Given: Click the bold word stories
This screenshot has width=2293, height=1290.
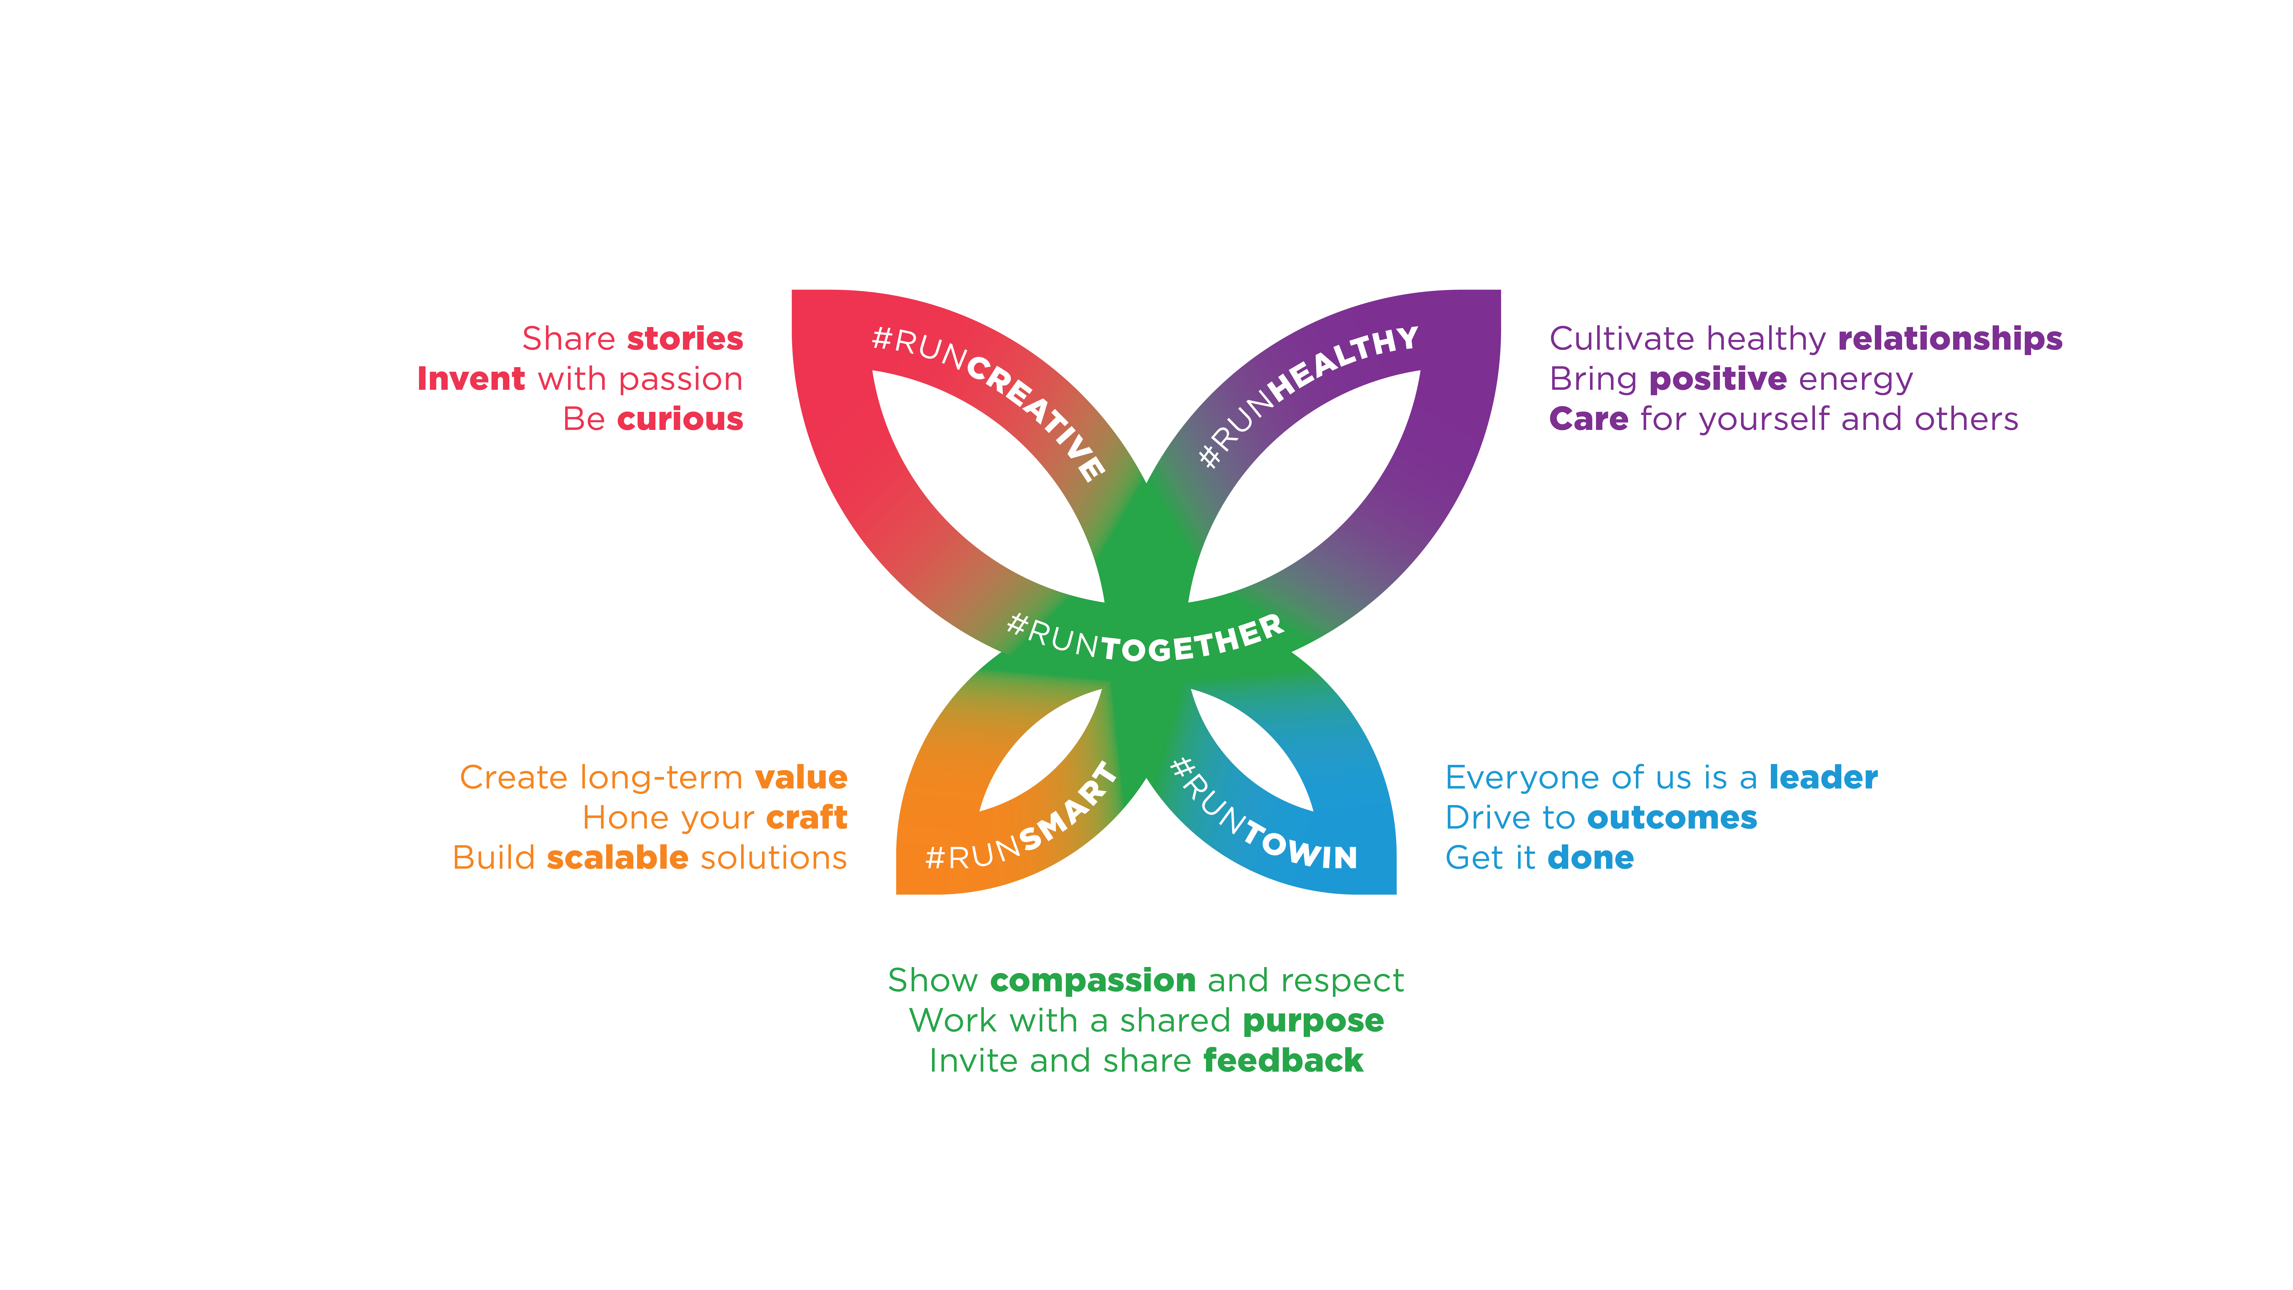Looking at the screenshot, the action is [x=684, y=338].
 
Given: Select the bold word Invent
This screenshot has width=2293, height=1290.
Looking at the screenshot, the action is [x=471, y=378].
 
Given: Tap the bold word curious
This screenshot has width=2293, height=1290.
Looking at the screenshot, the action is [x=680, y=418].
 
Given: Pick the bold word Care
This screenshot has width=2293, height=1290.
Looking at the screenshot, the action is [x=1589, y=418].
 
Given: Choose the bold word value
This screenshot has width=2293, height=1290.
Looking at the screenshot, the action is [x=801, y=777].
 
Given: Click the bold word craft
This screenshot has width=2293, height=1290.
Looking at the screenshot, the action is [x=806, y=817].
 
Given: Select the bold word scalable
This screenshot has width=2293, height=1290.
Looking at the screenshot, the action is [x=618, y=857].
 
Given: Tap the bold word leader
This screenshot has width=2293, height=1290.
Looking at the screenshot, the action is [x=1823, y=777].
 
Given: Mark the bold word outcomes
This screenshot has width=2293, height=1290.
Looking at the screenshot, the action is [x=1673, y=817].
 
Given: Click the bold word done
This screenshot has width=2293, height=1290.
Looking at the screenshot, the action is [x=1591, y=857].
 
